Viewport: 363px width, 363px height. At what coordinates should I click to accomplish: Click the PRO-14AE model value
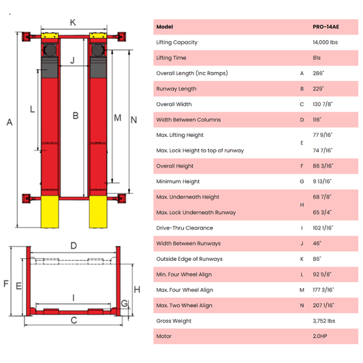click(326, 27)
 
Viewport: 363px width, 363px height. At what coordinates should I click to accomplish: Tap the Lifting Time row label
click(171, 58)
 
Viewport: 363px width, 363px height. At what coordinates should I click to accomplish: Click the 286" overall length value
click(318, 73)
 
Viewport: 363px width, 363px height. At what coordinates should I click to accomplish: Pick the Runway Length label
click(176, 89)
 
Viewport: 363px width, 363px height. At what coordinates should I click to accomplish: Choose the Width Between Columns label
click(188, 119)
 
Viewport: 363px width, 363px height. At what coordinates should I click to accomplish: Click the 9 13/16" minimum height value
click(322, 182)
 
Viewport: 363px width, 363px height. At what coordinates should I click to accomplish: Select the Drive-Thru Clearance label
click(184, 228)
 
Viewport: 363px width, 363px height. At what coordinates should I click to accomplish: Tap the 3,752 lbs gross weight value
click(323, 321)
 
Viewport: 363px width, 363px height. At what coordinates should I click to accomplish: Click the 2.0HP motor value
click(319, 336)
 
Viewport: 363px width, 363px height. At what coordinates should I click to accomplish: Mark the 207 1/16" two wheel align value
click(323, 306)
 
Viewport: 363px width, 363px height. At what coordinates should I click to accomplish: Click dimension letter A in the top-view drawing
click(9, 122)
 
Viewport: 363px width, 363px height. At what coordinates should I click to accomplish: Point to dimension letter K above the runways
click(73, 22)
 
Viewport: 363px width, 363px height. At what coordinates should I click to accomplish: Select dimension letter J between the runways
click(73, 61)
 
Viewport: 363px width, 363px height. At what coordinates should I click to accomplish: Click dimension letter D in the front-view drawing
click(73, 245)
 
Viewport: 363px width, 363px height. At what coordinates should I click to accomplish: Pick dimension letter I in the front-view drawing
click(73, 297)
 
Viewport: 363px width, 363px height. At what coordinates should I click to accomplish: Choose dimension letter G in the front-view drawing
click(124, 303)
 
